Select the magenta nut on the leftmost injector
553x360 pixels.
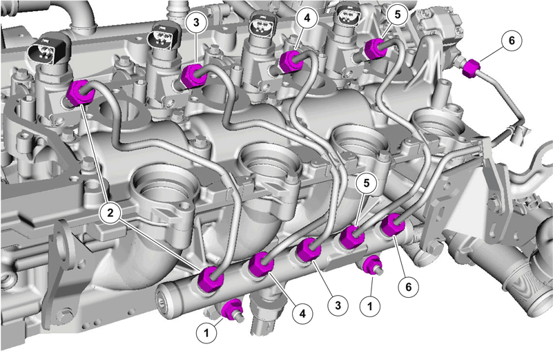coord(81,93)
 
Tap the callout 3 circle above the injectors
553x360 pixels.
coord(196,22)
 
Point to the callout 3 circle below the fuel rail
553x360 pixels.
coord(338,305)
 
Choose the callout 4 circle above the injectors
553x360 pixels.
coord(307,18)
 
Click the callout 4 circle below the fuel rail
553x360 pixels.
coord(302,313)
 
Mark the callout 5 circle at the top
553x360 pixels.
coord(398,15)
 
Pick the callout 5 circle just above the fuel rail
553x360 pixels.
coord(367,183)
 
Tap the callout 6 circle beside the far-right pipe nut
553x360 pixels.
coord(512,41)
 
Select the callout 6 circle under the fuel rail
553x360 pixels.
coord(409,287)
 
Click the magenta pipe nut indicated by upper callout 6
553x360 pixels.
coord(471,69)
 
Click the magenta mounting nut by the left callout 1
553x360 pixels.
coord(233,309)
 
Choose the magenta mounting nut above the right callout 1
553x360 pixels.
coord(372,265)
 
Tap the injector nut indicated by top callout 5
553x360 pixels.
coord(376,48)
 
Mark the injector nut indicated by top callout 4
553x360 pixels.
coord(291,61)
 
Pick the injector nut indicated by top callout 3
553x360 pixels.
coord(193,75)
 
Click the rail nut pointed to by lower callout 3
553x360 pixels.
coord(308,250)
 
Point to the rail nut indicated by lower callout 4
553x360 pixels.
coord(261,263)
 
